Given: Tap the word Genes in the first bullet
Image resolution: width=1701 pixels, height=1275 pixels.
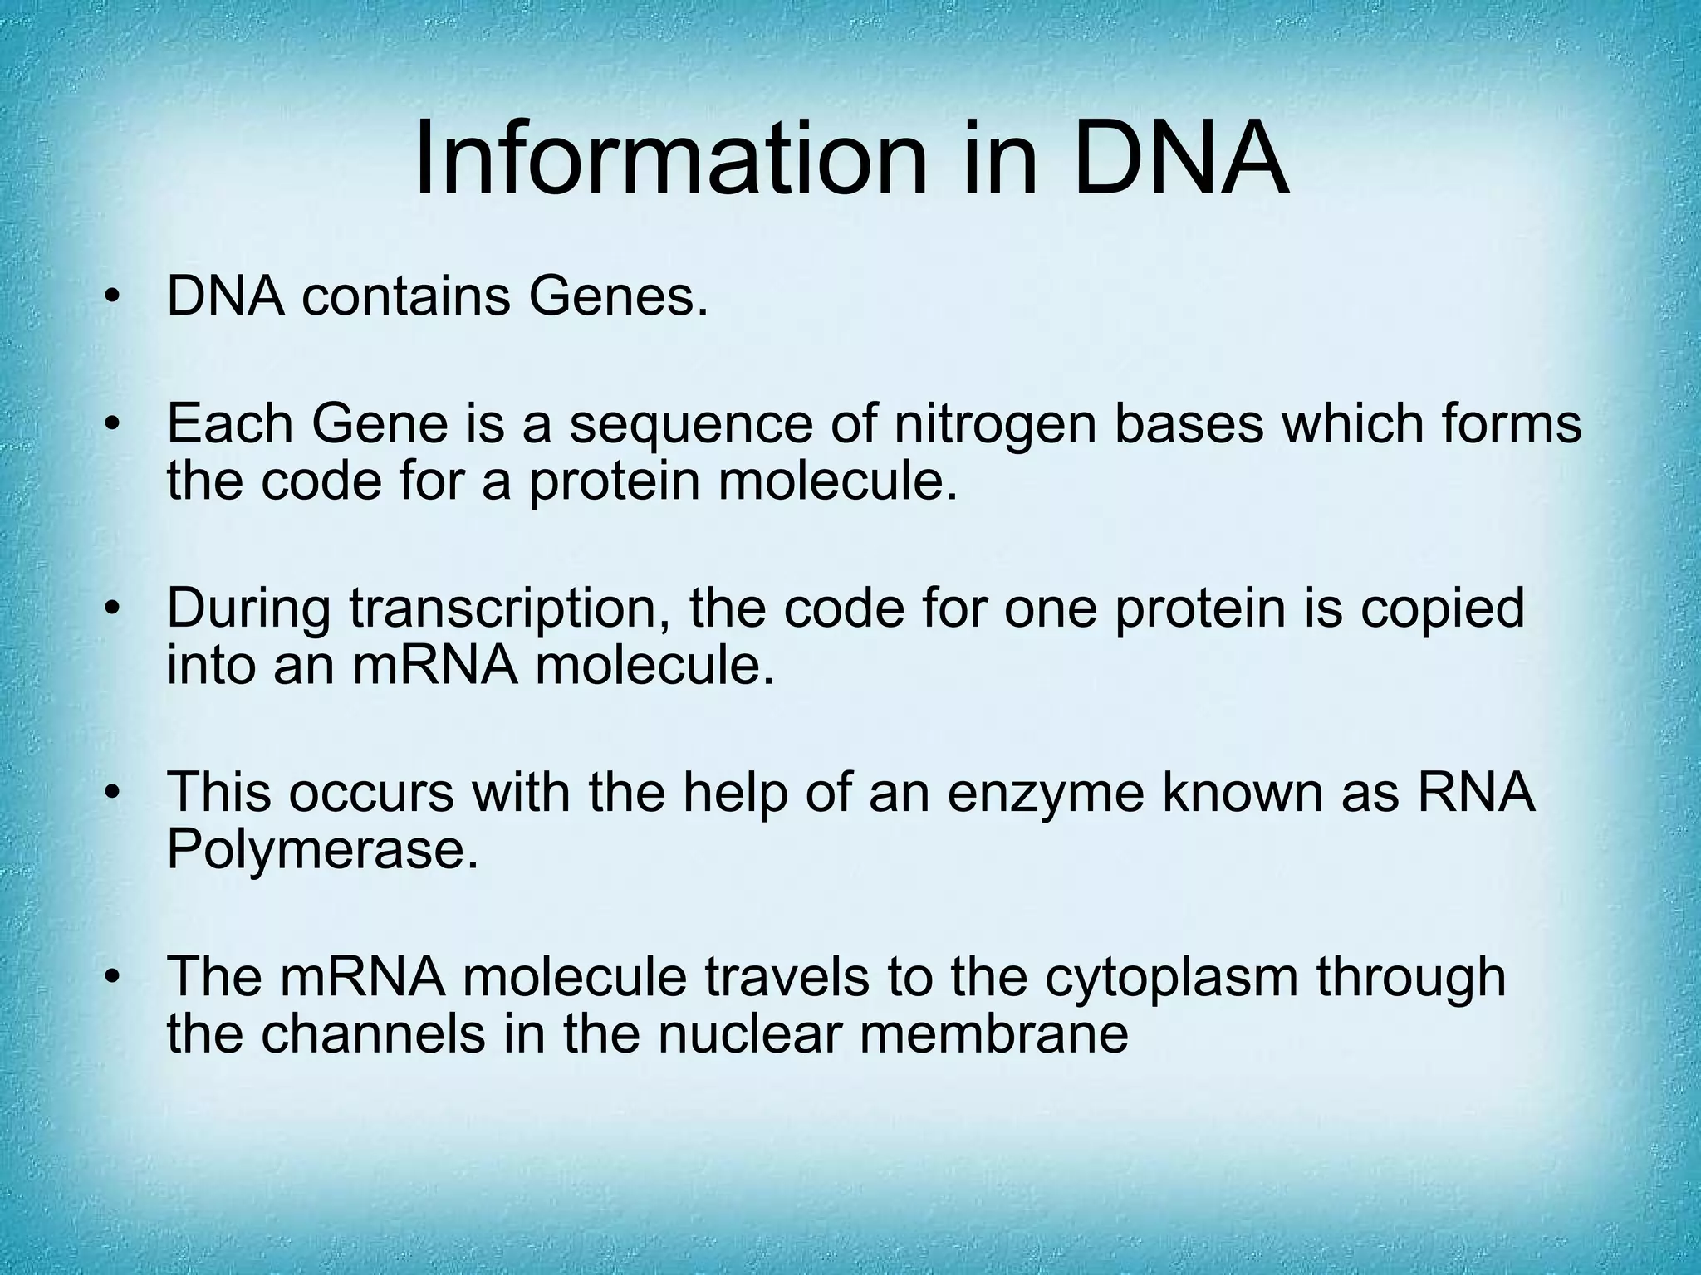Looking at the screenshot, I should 619,297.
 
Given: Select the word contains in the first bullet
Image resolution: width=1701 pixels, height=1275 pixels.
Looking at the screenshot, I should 405,297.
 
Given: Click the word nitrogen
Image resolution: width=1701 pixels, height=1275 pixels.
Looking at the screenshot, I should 993,425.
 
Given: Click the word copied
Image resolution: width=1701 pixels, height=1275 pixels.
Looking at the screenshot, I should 1442,608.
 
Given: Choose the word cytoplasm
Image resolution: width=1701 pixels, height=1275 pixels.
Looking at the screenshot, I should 1171,978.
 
